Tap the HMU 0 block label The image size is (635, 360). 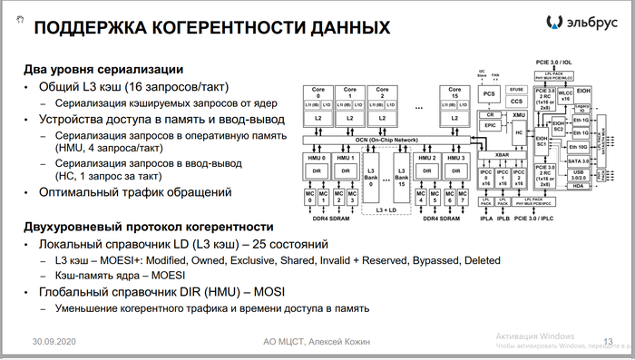click(x=317, y=158)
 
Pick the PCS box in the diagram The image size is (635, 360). click(x=490, y=93)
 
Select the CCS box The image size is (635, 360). click(x=517, y=102)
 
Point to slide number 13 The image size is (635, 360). click(x=608, y=341)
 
